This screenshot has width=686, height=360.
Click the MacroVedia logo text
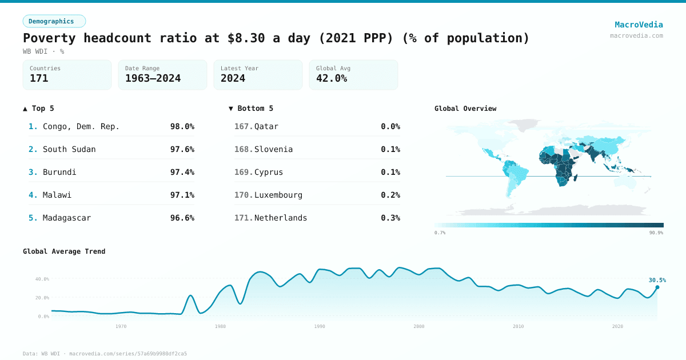point(639,25)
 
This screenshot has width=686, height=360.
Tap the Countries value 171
point(39,78)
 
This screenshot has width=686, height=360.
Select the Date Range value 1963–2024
point(153,78)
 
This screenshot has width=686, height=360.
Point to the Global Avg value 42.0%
point(332,78)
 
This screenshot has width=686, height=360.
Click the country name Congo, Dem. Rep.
point(81,126)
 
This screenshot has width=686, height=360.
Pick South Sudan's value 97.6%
point(182,149)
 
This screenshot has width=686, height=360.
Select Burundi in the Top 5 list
point(59,172)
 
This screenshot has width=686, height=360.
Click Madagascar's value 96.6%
point(182,218)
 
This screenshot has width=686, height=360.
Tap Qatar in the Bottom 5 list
point(266,126)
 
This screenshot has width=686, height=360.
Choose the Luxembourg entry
point(278,195)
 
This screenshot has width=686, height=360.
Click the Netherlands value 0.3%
point(390,218)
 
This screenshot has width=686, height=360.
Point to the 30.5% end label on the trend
point(657,280)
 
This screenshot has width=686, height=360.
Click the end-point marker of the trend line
point(657,287)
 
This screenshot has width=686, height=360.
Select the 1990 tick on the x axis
point(320,326)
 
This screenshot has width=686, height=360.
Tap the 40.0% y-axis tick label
point(42,279)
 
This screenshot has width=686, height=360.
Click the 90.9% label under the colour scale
point(656,233)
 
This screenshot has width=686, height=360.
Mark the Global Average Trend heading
point(64,251)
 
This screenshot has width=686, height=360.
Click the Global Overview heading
point(465,109)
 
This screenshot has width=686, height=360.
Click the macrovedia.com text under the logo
point(636,35)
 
